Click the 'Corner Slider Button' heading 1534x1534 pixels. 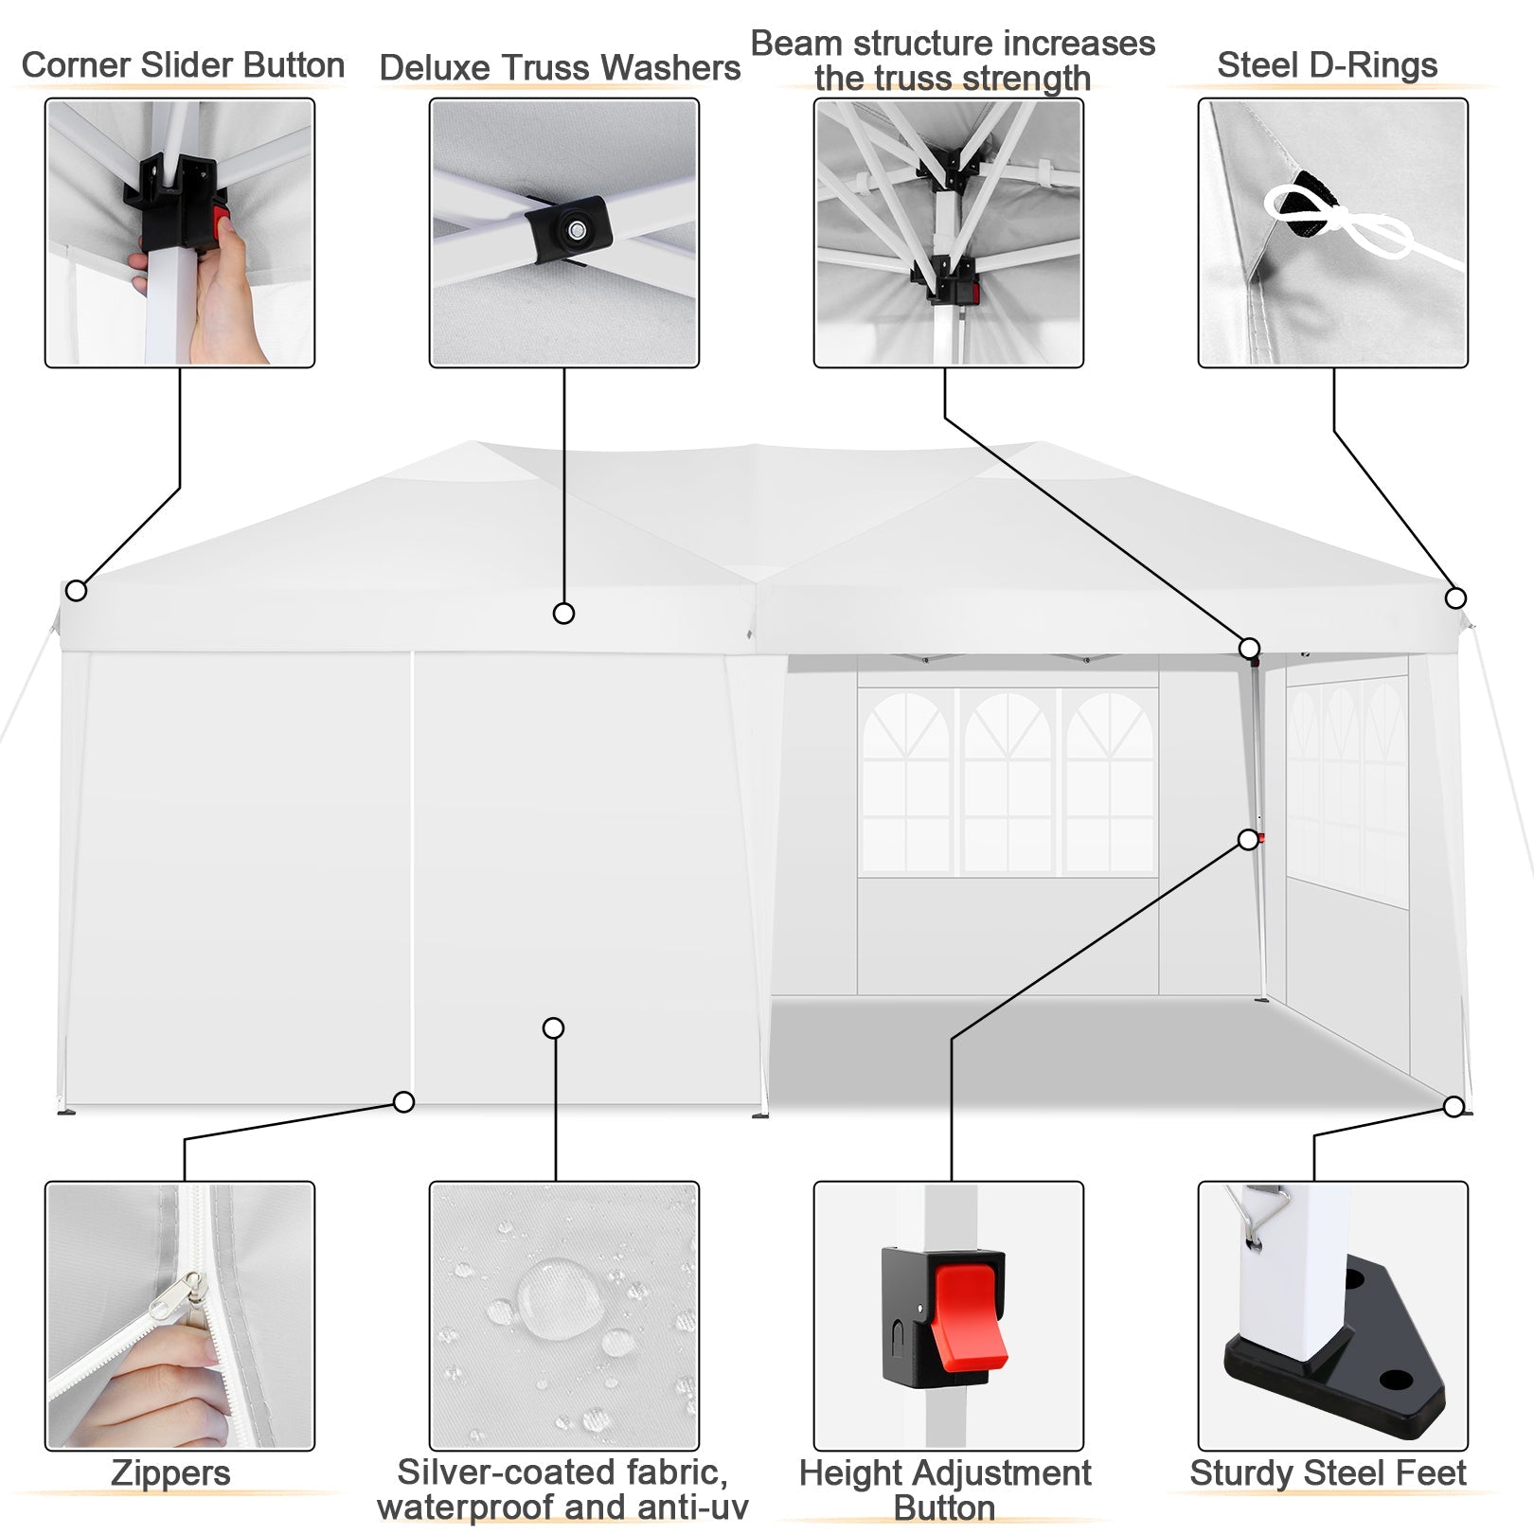pos(183,65)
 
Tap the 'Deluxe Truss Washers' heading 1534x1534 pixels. pos(560,68)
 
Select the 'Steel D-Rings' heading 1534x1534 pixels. pos(1327,65)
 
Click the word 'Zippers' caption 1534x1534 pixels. pos(170,1473)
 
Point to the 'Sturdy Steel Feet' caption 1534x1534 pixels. pos(1328,1473)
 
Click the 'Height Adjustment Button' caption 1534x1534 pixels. pos(945,1489)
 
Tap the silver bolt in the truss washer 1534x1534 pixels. pos(575,229)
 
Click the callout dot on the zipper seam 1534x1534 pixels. pos(404,1102)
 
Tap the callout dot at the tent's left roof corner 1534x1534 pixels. pos(76,591)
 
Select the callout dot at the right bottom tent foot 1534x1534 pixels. pos(1454,1106)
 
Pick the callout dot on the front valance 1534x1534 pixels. pos(563,614)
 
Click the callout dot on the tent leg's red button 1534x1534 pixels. pos(1249,840)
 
